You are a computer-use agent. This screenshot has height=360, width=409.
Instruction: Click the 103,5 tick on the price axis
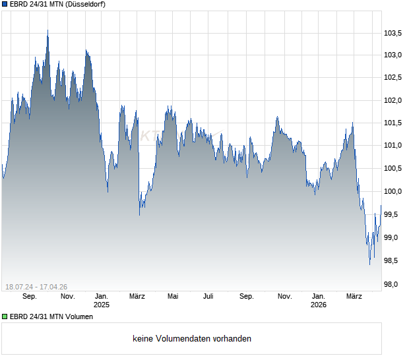click(x=394, y=33)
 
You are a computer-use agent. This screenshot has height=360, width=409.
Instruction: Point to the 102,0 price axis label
click(x=394, y=101)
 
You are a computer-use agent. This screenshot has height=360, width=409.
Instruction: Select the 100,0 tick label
click(x=394, y=192)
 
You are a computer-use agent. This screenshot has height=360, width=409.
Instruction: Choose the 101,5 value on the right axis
click(x=394, y=123)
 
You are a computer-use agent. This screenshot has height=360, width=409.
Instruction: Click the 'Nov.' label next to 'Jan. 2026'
click(x=284, y=297)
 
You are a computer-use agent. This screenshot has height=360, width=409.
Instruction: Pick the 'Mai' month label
click(x=173, y=297)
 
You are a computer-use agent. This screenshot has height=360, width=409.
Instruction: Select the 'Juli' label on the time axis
click(x=208, y=297)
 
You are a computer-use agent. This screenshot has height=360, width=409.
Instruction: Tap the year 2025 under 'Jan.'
click(x=102, y=305)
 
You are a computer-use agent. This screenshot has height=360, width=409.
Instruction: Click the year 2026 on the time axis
click(x=319, y=305)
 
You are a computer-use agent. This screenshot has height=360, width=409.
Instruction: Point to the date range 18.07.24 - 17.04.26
click(x=37, y=286)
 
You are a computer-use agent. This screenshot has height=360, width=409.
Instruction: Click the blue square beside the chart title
click(x=5, y=4)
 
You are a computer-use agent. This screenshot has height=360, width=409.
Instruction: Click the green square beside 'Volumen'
click(x=5, y=317)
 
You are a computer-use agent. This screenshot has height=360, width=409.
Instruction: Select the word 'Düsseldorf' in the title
click(x=86, y=4)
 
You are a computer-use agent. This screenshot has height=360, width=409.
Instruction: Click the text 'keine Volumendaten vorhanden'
click(x=192, y=339)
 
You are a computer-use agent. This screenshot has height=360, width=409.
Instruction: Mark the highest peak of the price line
click(x=47, y=30)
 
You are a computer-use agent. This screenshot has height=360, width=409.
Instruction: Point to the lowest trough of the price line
click(x=369, y=265)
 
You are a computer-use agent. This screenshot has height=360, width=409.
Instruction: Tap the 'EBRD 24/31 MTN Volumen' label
click(x=51, y=317)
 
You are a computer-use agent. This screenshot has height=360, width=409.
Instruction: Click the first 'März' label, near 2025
click(x=137, y=297)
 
